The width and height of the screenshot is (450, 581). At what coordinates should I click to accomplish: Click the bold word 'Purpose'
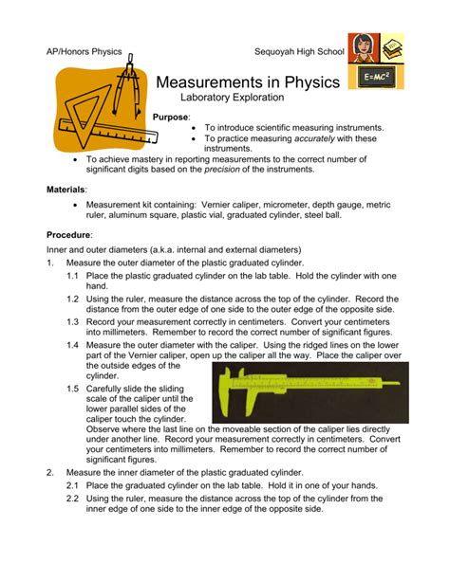[x=171, y=117]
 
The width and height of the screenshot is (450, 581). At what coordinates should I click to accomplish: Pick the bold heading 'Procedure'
[x=69, y=233]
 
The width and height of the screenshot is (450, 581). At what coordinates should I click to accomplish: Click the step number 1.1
[x=73, y=275]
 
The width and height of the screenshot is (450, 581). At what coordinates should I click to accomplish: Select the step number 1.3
[x=73, y=321]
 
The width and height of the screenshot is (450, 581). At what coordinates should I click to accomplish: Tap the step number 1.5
[x=73, y=388]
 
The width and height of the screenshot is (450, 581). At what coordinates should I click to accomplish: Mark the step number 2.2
[x=73, y=497]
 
